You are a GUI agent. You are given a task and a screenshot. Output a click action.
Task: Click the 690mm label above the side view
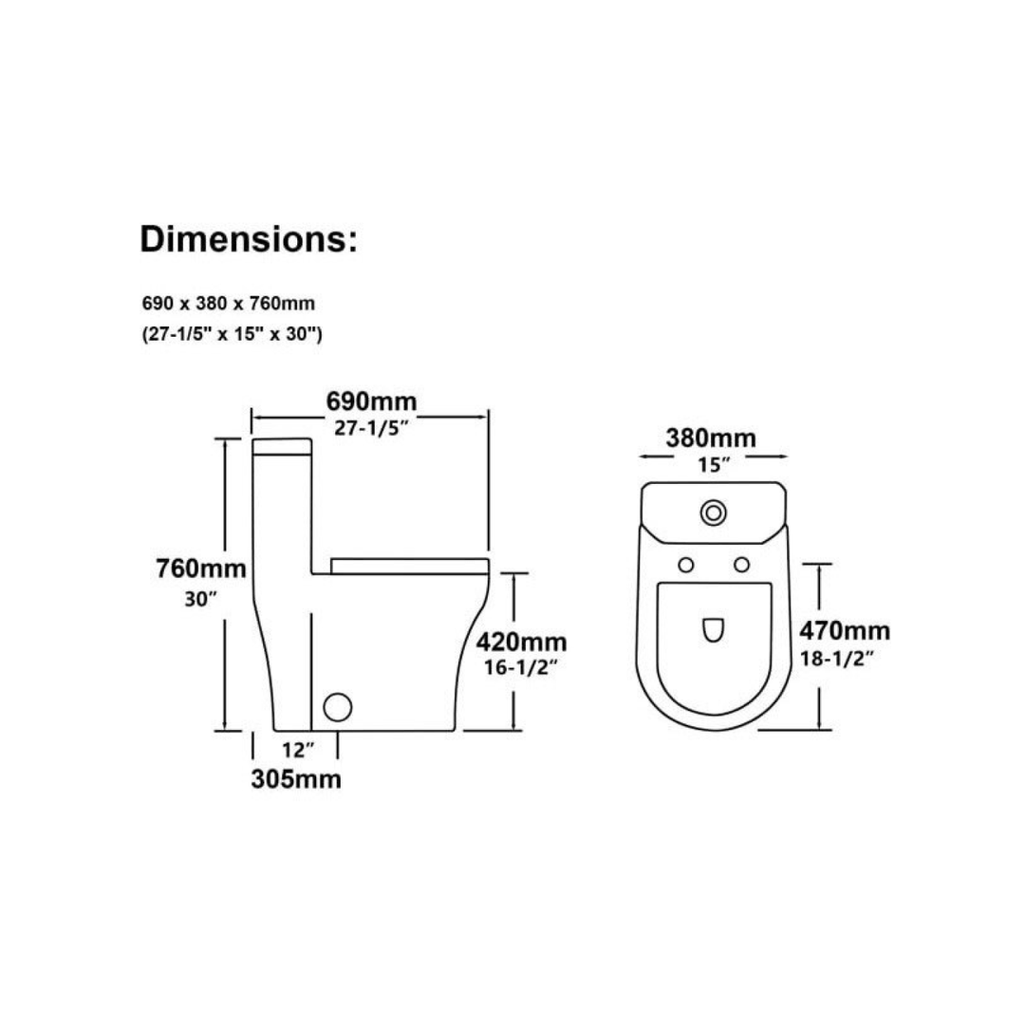(x=371, y=401)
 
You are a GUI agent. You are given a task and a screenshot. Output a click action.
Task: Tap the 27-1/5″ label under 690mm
(x=371, y=428)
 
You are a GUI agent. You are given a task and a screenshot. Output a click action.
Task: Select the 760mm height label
(x=200, y=568)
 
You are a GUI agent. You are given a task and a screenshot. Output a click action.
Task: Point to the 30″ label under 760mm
(x=200, y=599)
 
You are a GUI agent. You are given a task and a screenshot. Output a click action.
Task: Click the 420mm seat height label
(x=521, y=642)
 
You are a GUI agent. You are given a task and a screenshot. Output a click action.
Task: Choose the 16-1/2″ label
(x=520, y=667)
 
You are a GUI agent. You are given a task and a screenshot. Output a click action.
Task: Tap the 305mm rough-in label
(x=296, y=778)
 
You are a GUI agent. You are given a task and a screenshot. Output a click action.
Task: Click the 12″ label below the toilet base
(x=298, y=750)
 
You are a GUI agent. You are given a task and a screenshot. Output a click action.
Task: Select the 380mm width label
(x=711, y=438)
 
